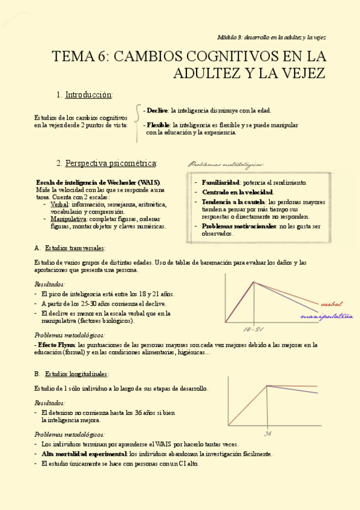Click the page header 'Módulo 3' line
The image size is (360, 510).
(271, 37)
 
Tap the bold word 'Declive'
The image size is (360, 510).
(157, 111)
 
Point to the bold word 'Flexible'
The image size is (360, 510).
(158, 124)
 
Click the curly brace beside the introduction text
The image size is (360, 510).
(138, 123)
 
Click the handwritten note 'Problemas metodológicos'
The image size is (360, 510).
(226, 164)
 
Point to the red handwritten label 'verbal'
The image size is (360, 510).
(332, 304)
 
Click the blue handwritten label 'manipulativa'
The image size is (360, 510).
(326, 316)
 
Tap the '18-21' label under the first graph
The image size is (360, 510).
(254, 330)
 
